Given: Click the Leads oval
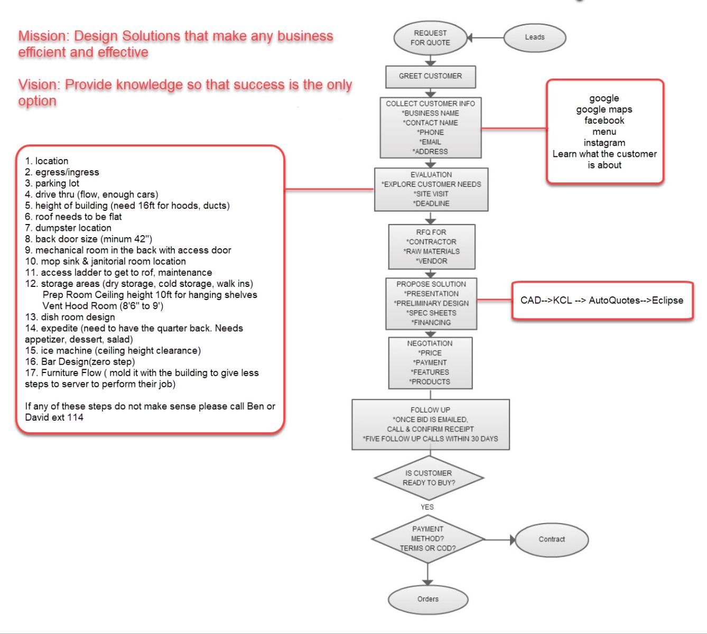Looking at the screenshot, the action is (x=534, y=38).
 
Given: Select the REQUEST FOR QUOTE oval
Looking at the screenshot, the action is (x=430, y=38).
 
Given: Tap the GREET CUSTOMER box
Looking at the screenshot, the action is (x=430, y=77).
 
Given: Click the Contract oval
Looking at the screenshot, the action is (x=551, y=539).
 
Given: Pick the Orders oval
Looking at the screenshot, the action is (x=428, y=599).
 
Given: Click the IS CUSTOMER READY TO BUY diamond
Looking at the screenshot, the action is (x=429, y=478).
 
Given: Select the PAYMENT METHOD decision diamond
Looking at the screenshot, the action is (x=428, y=539).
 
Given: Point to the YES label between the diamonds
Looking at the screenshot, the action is (x=427, y=507).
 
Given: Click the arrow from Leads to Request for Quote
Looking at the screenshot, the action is (x=485, y=38).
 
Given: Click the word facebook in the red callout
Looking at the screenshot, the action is (x=604, y=120).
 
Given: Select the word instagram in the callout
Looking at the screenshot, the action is (x=604, y=143).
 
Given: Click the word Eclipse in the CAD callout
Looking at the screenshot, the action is (x=667, y=301).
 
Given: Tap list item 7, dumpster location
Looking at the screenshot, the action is (x=68, y=228).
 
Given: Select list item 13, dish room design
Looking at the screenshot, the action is (x=70, y=317).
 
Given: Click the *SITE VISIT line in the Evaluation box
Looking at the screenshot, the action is (x=431, y=194).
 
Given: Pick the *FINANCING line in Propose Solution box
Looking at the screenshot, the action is (x=431, y=323).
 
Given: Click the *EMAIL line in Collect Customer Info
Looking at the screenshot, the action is (x=430, y=142).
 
